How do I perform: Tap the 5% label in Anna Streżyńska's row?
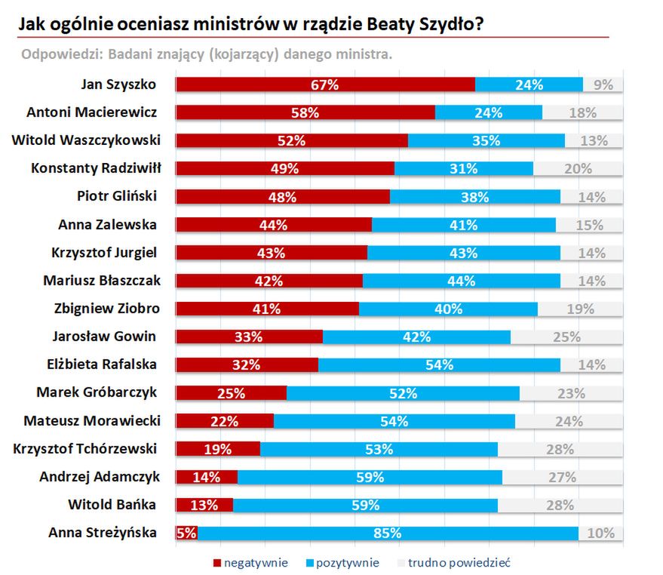(186, 533)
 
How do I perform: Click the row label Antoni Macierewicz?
(91, 112)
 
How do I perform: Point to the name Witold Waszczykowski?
(84, 140)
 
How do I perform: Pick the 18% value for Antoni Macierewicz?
(582, 112)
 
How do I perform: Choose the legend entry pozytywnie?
(348, 563)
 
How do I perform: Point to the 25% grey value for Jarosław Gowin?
(566, 337)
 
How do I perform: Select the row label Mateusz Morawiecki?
(91, 420)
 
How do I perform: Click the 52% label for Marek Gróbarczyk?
(404, 392)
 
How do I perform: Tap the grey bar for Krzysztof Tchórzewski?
(560, 449)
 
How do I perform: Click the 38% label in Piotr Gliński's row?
(475, 197)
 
